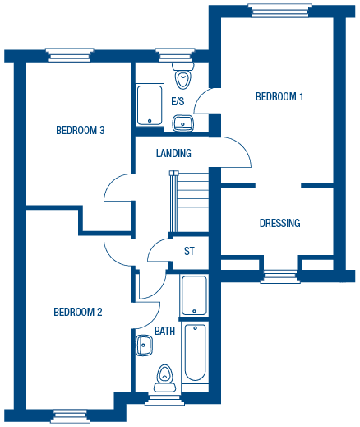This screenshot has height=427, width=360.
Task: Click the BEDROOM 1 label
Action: pos(279,96)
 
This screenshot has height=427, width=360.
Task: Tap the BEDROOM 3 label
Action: pos(81,130)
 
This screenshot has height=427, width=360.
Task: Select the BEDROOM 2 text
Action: pos(78,312)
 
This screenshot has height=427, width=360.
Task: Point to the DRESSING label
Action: pos(279,223)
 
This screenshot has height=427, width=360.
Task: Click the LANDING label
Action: pos(173,153)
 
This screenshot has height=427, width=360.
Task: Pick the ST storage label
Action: pos(189,251)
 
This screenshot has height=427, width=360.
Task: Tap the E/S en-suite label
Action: pos(178,101)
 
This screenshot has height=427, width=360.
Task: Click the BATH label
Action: pos(164,331)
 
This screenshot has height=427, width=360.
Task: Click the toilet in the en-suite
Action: pos(183,75)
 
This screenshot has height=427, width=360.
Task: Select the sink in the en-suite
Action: pos(182,123)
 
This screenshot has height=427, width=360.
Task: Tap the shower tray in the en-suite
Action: pos(150,105)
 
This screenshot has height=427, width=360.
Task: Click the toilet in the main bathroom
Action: pos(164,378)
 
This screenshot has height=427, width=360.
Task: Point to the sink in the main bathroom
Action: pos(144,346)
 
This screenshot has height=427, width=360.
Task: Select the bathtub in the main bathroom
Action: pos(195,352)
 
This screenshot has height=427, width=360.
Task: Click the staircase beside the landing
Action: pos(189,202)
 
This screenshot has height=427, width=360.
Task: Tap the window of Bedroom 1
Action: pos(279,11)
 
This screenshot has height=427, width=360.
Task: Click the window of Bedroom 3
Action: pos(70,55)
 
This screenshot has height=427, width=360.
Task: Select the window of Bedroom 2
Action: pos(69,416)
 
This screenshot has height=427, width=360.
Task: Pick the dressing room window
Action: pos(280,276)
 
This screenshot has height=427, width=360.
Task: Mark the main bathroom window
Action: pos(164,398)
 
